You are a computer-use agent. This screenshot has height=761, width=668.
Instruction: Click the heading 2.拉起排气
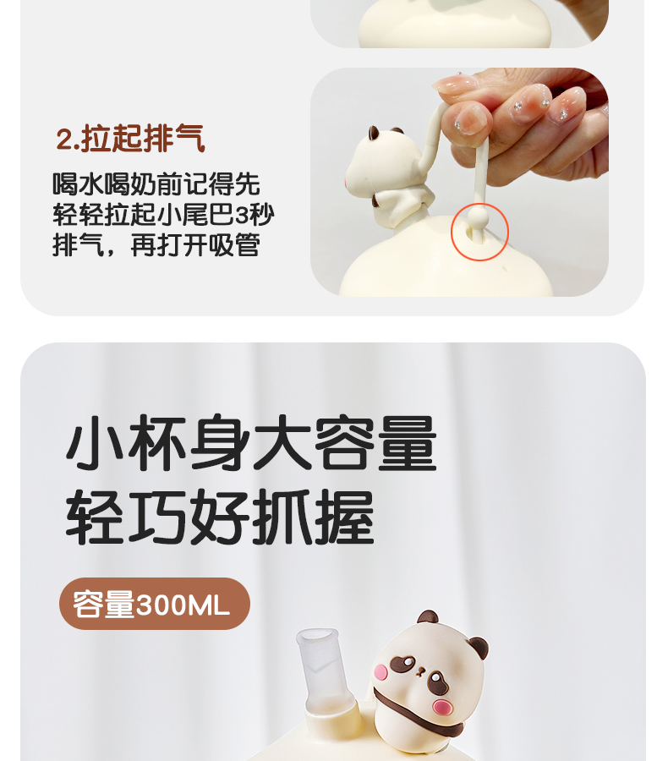[x=130, y=139]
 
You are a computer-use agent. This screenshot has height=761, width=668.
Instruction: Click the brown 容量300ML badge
[x=155, y=604]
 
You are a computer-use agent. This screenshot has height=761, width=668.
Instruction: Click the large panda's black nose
[x=420, y=672]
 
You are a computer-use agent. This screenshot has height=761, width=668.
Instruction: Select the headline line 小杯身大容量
[x=251, y=442]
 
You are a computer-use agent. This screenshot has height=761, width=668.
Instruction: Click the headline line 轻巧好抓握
[x=221, y=517]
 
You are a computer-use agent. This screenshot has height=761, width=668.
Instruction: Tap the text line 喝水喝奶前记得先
[x=156, y=184]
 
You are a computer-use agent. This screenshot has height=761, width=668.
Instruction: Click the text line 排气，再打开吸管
[x=156, y=244]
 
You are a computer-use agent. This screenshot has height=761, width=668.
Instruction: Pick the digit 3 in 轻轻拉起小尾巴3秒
[x=242, y=215]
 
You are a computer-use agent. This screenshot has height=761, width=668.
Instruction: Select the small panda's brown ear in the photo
[x=374, y=133]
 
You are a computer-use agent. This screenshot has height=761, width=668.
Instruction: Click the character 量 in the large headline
[x=408, y=442]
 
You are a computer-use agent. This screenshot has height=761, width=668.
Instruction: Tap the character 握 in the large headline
[x=345, y=517]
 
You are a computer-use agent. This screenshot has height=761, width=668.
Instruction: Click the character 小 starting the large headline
[x=96, y=442]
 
